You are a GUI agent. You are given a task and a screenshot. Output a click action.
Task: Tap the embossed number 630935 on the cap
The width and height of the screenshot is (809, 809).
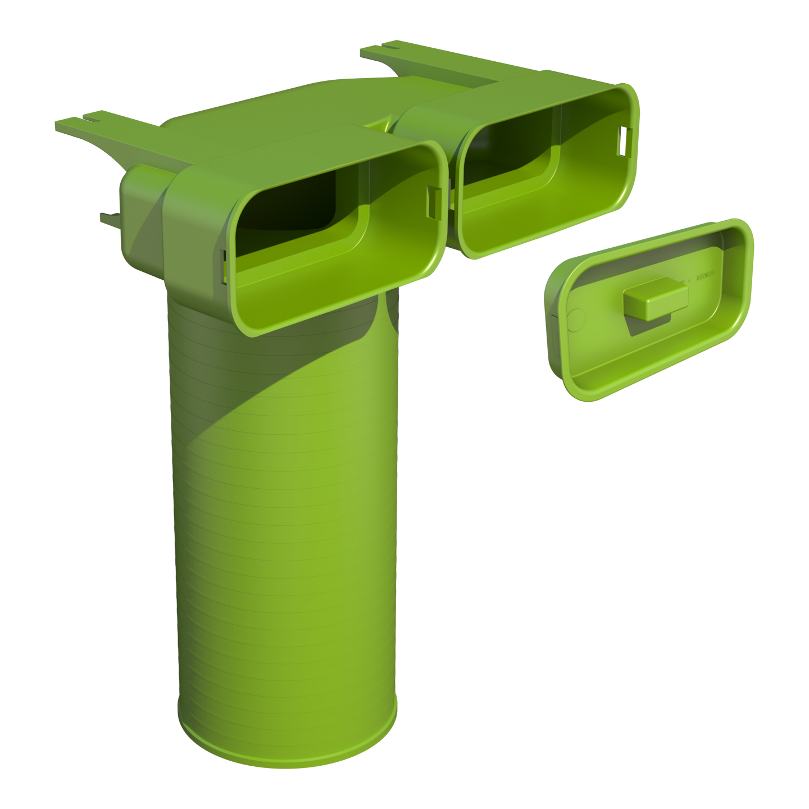coord(705,277)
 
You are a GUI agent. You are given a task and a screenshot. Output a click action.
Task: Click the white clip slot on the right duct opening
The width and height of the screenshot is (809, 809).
coord(626,141)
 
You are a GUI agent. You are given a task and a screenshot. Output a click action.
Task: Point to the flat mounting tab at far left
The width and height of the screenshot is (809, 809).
coord(70,124)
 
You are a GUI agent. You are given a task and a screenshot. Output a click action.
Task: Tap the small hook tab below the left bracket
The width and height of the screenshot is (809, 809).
coord(110,219)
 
